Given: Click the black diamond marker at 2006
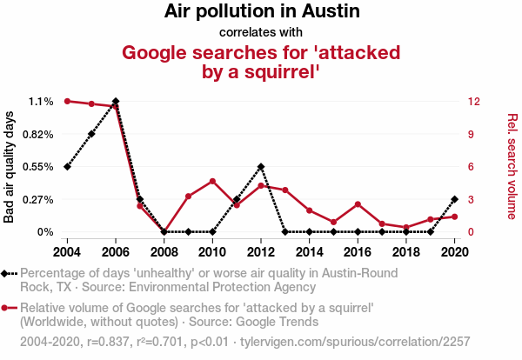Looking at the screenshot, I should (116, 102).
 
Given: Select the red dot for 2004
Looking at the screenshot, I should (67, 102).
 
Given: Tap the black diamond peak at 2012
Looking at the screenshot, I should (261, 166).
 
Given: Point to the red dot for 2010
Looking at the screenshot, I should (212, 181).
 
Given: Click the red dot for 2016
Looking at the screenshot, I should (358, 204).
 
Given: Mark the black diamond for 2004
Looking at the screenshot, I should (67, 166).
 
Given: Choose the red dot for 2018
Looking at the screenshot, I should (406, 227).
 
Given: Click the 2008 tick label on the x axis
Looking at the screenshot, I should (164, 251).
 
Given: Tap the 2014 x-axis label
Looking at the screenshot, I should (310, 251).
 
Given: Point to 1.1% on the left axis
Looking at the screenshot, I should (41, 102).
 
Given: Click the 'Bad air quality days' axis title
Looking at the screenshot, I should (10, 167).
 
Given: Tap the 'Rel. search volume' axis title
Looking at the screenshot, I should (512, 167).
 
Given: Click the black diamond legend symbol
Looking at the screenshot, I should (6, 273).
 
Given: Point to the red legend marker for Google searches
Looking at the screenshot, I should (6, 308).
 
